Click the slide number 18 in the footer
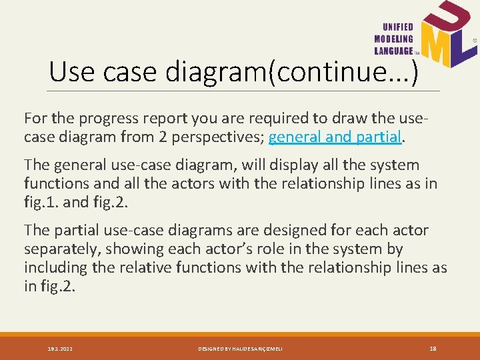(433, 348)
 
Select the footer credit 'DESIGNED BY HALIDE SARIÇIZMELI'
(241, 348)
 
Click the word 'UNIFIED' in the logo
(398, 27)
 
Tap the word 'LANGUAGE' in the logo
(394, 50)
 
